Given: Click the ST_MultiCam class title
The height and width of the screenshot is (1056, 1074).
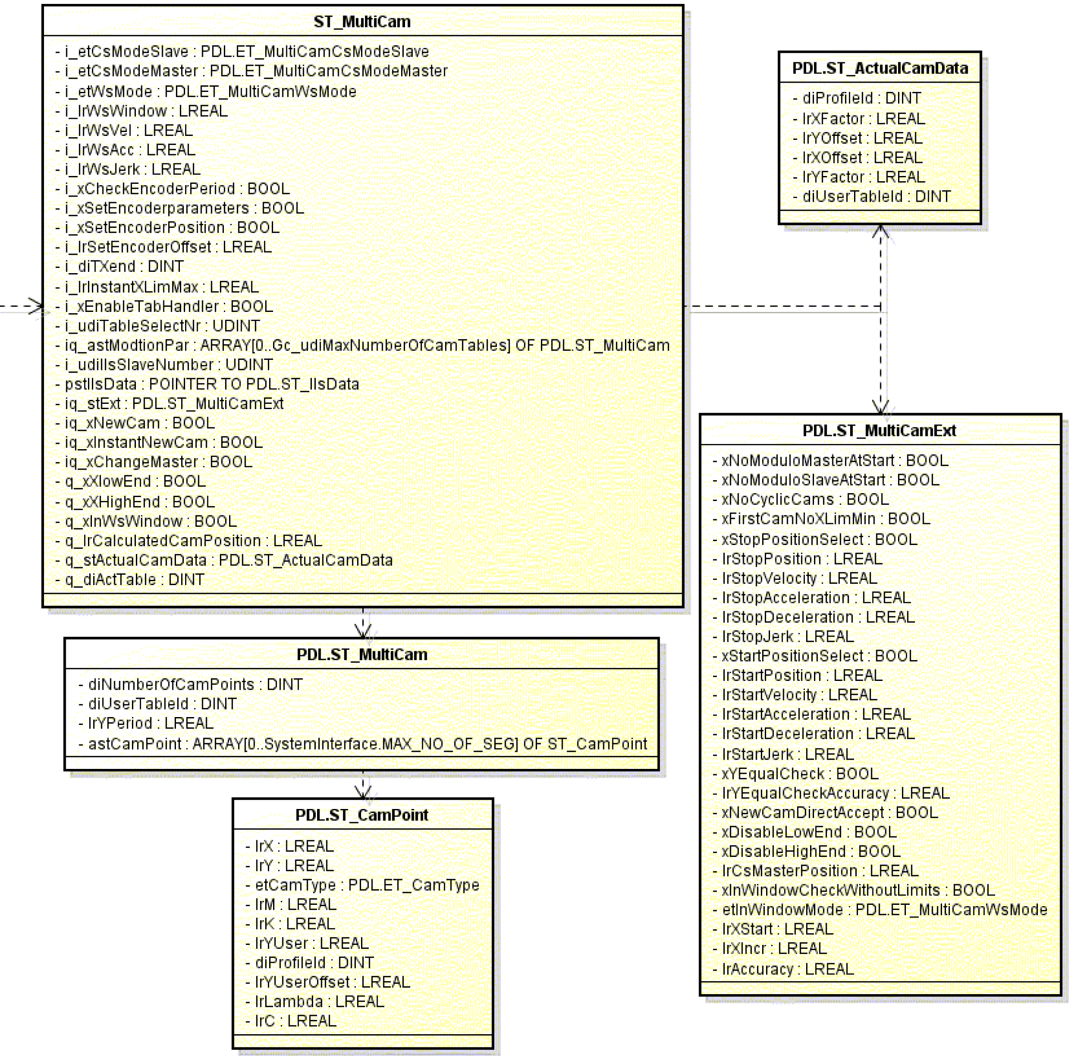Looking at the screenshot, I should pos(362,22).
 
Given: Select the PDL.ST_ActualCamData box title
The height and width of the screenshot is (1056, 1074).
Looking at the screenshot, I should pos(880,68).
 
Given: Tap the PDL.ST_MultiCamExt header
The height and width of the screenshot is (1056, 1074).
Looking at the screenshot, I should pos(879,430).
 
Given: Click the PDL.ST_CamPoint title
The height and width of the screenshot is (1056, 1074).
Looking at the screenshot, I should pos(361,815).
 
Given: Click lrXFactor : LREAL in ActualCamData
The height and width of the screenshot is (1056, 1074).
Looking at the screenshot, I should pos(863,118).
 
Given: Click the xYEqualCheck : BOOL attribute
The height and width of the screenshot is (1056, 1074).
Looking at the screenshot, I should pos(796,774).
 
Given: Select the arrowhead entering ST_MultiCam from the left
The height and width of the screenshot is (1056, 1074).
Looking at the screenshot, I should pos(37,306).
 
